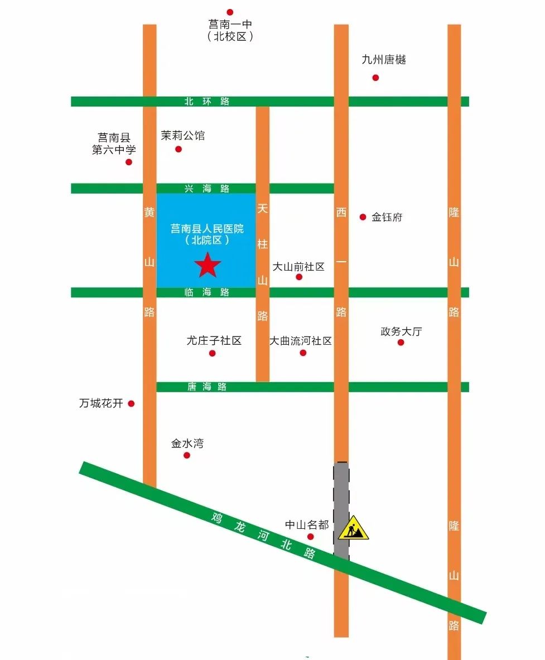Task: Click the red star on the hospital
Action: (x=208, y=265)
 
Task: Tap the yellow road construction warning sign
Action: (x=353, y=529)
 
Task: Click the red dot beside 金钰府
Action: (x=363, y=217)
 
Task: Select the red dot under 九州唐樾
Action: (x=375, y=78)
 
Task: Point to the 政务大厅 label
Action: (x=401, y=331)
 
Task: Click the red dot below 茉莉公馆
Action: (x=179, y=149)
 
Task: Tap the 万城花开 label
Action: (x=101, y=403)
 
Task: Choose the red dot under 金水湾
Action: (x=187, y=455)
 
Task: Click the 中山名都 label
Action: (x=307, y=525)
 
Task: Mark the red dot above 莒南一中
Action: (x=229, y=12)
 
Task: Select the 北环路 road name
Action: (x=207, y=102)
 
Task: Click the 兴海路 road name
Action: (x=207, y=189)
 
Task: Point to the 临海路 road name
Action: (x=207, y=292)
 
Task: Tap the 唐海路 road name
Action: (x=207, y=387)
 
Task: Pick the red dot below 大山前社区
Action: (x=299, y=277)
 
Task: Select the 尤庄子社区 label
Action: (x=214, y=341)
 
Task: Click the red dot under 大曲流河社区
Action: (x=303, y=353)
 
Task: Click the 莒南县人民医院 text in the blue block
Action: (x=207, y=229)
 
